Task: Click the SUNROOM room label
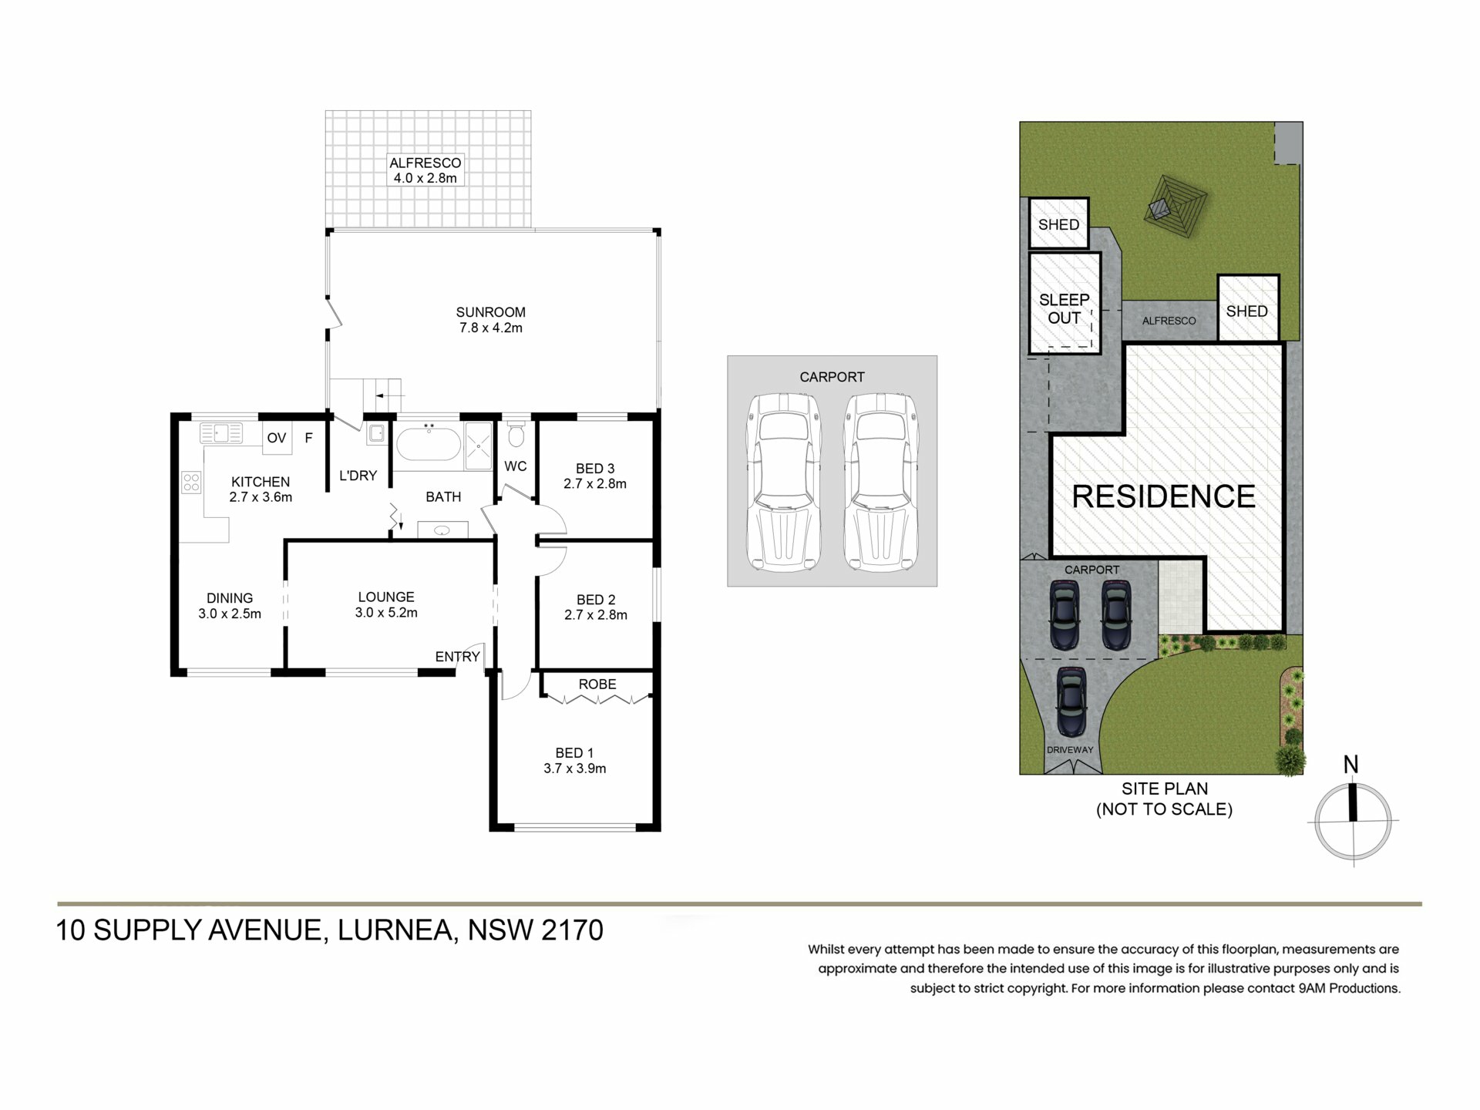[490, 312]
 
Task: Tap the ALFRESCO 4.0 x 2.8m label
[425, 170]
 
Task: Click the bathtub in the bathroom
[429, 445]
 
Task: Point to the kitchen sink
[221, 433]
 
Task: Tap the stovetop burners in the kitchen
[191, 483]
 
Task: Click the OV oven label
[277, 438]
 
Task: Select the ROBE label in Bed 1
[597, 684]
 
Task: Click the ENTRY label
[458, 657]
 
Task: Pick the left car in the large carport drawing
[783, 483]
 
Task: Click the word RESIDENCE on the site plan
[1164, 496]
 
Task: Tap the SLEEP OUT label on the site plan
[1065, 308]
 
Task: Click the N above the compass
[1351, 765]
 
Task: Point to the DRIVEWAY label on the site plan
[1070, 749]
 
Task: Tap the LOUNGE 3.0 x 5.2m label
[386, 605]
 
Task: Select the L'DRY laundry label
[358, 476]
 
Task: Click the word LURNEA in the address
[393, 930]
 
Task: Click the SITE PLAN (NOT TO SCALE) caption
[1165, 799]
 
